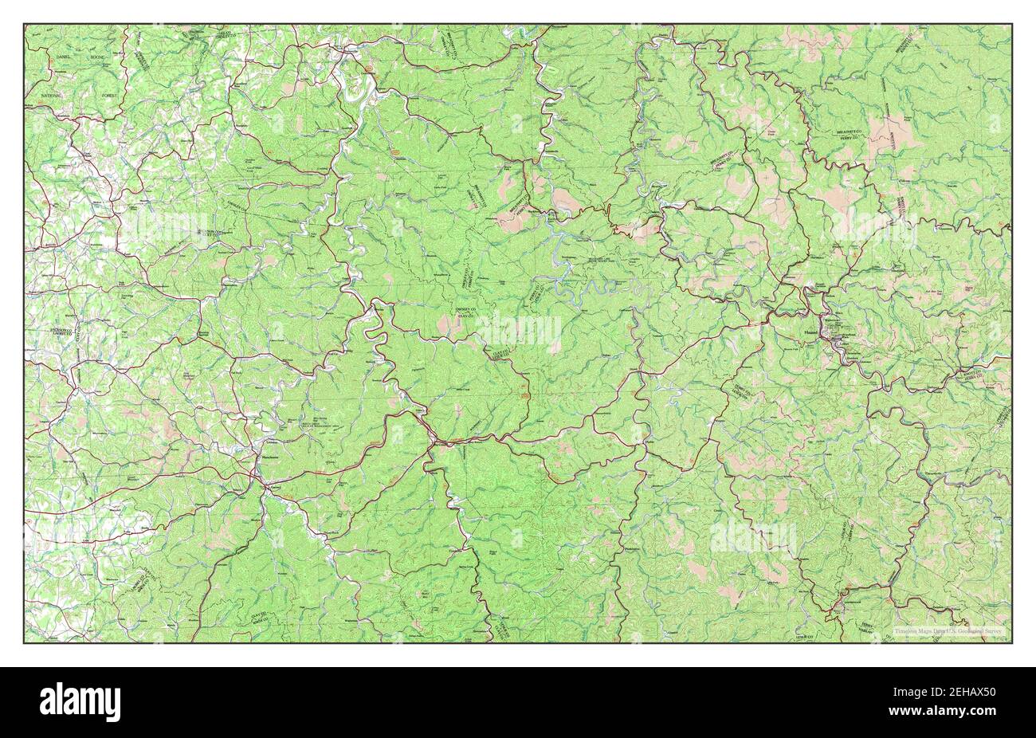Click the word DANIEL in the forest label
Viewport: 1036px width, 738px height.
click(65, 59)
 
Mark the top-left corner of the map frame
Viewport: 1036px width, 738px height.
click(24, 24)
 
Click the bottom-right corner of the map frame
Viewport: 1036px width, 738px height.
click(1012, 643)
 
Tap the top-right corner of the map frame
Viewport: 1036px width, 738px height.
click(1012, 24)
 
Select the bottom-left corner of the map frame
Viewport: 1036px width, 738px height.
click(24, 643)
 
